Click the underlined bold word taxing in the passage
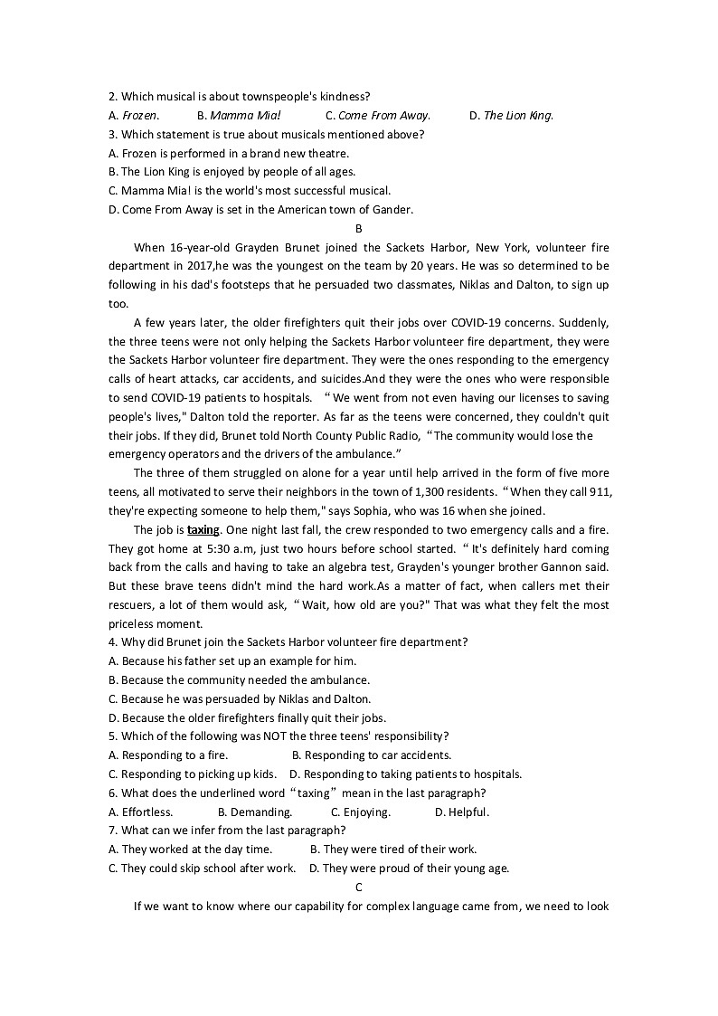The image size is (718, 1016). (x=203, y=530)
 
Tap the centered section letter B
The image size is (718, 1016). (x=359, y=229)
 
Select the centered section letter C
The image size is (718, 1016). (x=359, y=888)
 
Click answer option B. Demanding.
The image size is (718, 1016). (x=255, y=812)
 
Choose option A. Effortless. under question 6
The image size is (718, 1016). (x=140, y=812)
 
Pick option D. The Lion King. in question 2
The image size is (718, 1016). (x=511, y=116)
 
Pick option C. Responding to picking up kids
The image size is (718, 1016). (x=193, y=774)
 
